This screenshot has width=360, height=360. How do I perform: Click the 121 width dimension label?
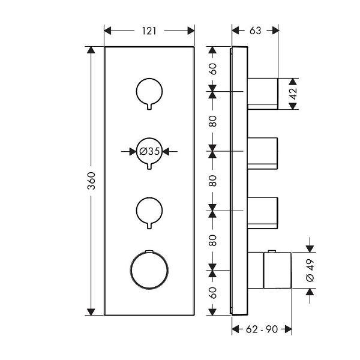tap(149, 31)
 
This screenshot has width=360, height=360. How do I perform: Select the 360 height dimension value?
tap(91, 181)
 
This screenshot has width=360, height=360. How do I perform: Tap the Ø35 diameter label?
tap(149, 151)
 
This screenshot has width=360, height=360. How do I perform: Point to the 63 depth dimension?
tap(256, 31)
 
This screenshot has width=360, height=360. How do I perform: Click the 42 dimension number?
tap(293, 94)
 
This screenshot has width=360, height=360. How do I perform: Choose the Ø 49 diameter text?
tap(310, 270)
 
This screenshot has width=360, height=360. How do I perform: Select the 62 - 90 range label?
tap(262, 329)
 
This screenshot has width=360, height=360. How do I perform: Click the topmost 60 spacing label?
tap(213, 69)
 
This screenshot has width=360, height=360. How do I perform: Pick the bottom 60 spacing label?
tap(213, 293)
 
